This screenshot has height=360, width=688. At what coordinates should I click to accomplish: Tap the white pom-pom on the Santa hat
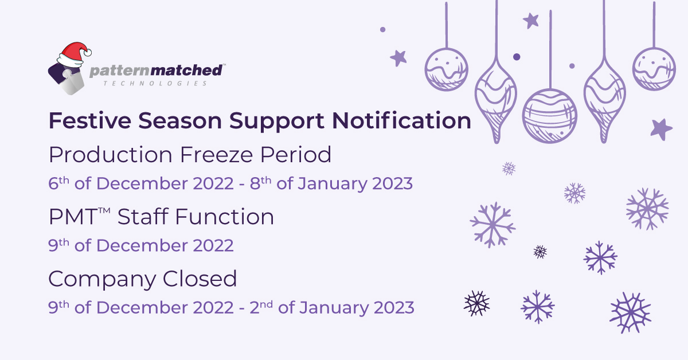[x=88, y=53]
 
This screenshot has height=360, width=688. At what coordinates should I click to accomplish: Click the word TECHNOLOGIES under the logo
[x=155, y=84]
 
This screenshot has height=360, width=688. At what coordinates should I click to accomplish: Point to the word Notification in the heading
[x=401, y=120]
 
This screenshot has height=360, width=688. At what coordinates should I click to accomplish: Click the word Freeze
[x=216, y=155]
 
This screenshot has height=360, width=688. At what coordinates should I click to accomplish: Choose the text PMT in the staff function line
[x=73, y=217]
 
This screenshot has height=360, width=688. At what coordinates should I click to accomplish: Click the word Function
[x=224, y=217]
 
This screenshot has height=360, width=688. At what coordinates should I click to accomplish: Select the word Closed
[x=200, y=279]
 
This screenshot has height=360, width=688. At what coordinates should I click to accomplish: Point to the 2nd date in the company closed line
[x=261, y=307]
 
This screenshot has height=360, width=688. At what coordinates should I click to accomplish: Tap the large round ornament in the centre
[x=550, y=116]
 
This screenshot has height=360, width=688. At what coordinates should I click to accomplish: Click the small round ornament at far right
[x=654, y=69]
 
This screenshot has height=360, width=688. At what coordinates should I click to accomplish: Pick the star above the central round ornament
[x=531, y=21]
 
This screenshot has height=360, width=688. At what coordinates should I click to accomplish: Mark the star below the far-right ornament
[x=661, y=130]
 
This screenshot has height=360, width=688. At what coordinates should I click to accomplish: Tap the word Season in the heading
[x=180, y=120]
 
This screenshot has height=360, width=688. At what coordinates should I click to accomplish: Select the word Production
[x=111, y=155]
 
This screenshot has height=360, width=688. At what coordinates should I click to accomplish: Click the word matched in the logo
[x=186, y=71]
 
